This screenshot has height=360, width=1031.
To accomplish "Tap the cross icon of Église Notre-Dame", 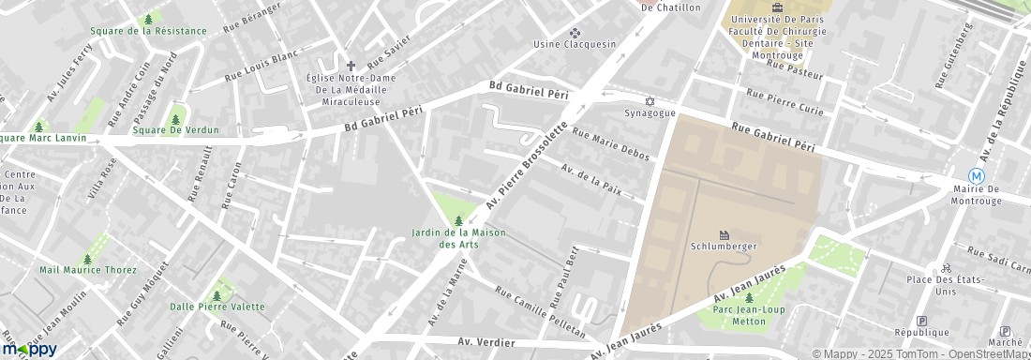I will (x=351, y=66).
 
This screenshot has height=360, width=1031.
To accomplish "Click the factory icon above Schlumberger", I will (x=724, y=234).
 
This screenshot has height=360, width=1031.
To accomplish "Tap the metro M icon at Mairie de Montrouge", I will (x=977, y=176).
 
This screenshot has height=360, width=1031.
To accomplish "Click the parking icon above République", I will (x=921, y=320).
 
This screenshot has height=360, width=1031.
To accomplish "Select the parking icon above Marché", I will (x=1005, y=331).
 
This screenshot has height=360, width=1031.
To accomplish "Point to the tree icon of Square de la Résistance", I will (x=148, y=19).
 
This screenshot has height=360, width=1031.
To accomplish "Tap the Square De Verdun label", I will (x=175, y=130).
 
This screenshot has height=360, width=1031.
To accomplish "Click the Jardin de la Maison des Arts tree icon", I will (x=458, y=220).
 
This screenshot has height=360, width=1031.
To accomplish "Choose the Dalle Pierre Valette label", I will (x=217, y=307).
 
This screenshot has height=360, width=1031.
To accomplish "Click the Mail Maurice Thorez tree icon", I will (x=87, y=259).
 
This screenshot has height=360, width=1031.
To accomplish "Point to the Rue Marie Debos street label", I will (x=610, y=145).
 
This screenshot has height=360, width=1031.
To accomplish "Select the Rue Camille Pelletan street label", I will (x=540, y=313).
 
